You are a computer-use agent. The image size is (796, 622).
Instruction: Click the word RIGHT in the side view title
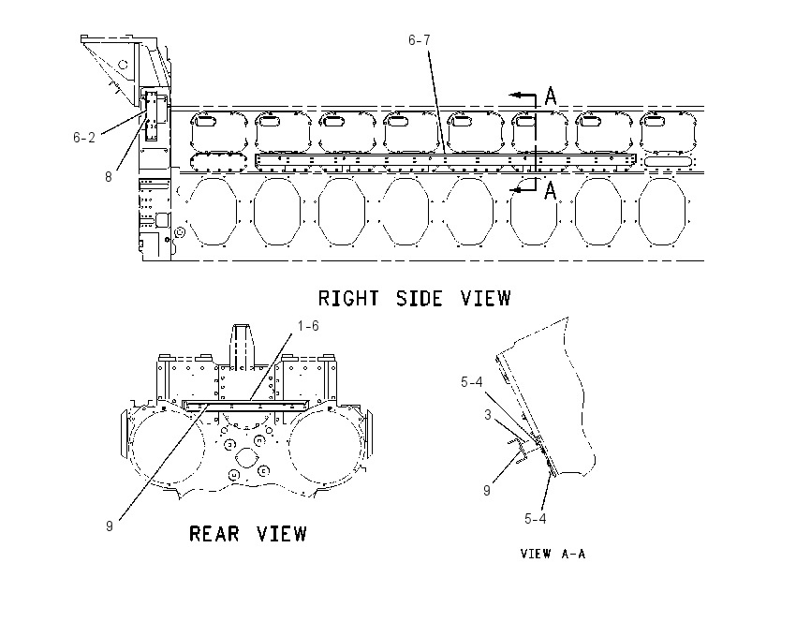click(348, 298)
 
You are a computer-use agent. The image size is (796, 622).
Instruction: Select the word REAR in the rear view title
click(214, 534)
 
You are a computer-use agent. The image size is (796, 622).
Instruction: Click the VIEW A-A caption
click(553, 554)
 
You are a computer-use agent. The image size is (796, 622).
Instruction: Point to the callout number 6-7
click(420, 40)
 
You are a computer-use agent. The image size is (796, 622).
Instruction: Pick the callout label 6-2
click(84, 138)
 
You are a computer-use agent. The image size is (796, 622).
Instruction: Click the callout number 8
click(108, 177)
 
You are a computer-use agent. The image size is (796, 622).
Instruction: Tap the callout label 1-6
click(308, 326)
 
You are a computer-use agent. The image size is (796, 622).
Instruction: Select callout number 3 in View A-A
click(488, 415)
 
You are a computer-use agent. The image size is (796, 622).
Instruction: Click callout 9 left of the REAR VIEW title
click(110, 526)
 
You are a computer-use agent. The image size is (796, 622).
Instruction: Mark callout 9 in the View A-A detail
click(487, 491)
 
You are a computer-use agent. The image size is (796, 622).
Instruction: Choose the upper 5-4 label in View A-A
click(472, 382)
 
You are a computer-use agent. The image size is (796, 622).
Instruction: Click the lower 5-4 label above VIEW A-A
click(535, 519)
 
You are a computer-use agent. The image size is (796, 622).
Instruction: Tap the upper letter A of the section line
click(551, 96)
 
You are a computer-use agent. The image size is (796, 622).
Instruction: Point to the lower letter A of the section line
click(551, 190)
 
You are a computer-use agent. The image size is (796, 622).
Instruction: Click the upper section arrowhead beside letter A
click(515, 95)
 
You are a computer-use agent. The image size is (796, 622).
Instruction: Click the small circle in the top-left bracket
click(123, 65)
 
